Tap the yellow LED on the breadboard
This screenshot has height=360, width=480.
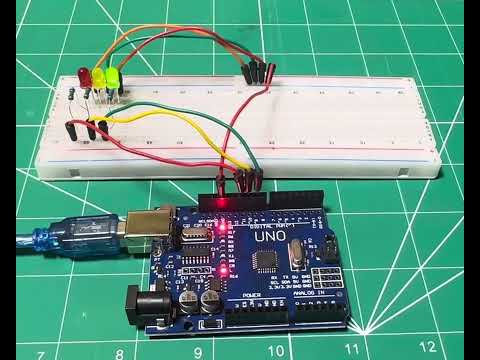tap(99, 77)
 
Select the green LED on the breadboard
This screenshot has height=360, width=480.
tap(114, 75)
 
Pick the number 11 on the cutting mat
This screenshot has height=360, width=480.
tap(351, 349)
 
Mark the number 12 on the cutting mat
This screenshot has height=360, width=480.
tap(427, 347)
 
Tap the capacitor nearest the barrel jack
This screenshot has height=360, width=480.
tap(188, 303)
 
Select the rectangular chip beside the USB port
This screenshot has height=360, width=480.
tap(195, 238)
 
